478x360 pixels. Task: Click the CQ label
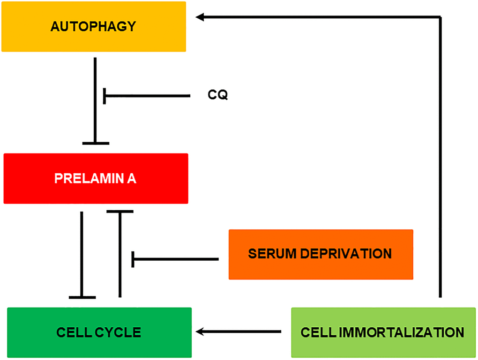218,95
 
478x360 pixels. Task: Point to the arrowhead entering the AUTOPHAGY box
200,17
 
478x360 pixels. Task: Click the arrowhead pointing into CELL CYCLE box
200,332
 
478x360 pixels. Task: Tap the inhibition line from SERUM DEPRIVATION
176,259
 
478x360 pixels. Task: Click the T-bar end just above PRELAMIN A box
96,143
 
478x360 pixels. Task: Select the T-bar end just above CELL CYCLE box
82,297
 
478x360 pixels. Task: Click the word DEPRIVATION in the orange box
346,254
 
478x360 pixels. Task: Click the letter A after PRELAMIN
132,179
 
